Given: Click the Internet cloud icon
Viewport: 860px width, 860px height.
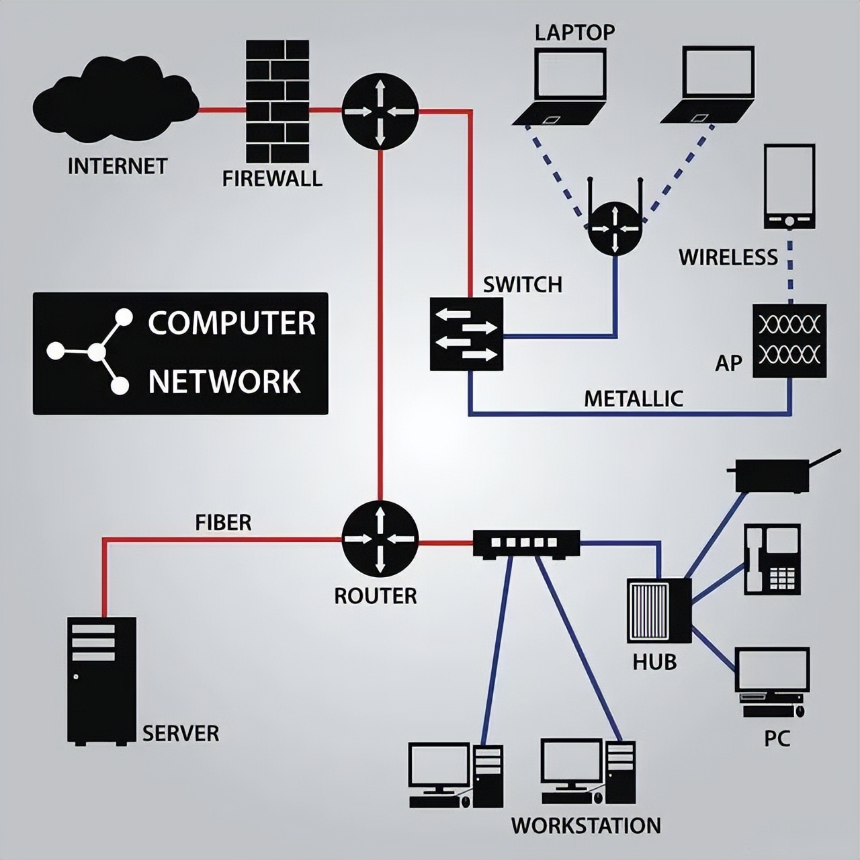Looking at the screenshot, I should pos(116,101).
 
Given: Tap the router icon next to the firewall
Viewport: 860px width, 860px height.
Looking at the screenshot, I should pos(380,112).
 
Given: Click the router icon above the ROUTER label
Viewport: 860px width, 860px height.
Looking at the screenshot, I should pos(380,539).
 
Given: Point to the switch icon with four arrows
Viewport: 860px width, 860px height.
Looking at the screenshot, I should pos(466,334).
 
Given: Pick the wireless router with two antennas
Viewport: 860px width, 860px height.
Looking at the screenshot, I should pos(615,225).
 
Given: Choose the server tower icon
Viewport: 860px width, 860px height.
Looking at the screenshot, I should pos(101,680).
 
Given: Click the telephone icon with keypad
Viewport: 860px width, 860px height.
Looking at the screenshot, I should pos(772,559).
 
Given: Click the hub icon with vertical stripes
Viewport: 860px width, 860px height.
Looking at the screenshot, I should pos(658,611).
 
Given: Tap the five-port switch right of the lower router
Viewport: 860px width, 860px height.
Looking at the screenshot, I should pos(526,544).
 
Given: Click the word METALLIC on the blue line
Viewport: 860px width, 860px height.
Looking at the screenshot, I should pos(633,399).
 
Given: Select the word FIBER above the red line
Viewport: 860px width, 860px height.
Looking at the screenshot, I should pos(223,523).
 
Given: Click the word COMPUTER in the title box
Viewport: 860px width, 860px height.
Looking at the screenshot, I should pos(232,323).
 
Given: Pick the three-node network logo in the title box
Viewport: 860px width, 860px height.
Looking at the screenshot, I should pos(91,351).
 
